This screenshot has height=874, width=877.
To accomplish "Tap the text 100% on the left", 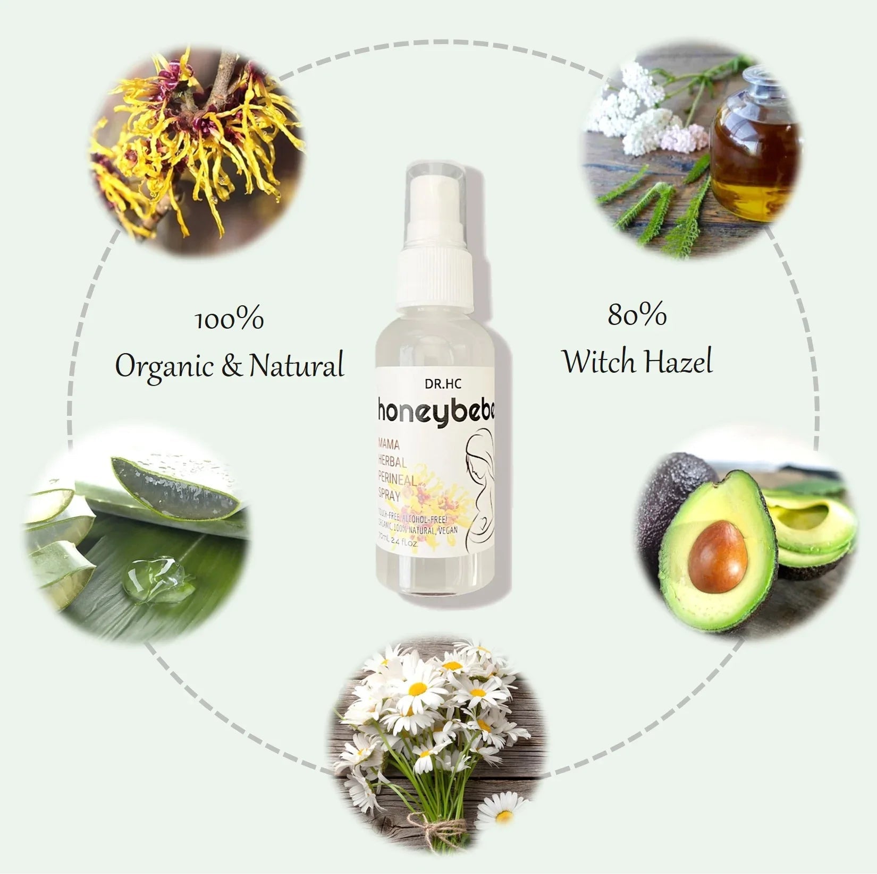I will (x=230, y=320).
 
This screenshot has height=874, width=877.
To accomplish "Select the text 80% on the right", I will (x=637, y=315).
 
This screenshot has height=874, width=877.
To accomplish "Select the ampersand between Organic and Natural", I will (x=231, y=366).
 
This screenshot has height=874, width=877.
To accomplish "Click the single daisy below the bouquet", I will (x=500, y=812).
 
